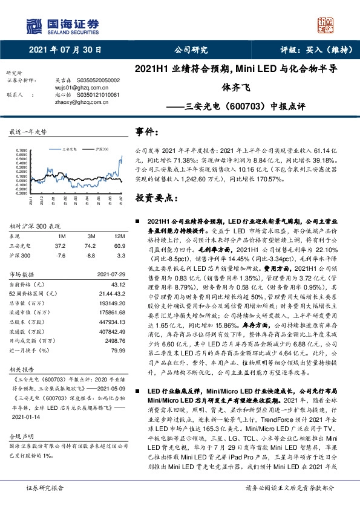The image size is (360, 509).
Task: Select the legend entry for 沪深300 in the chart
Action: [101, 147]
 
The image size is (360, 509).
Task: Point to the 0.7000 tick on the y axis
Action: [21, 149]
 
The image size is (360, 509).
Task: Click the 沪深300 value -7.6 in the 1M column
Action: [60, 257]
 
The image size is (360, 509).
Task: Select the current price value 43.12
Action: [116, 284]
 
